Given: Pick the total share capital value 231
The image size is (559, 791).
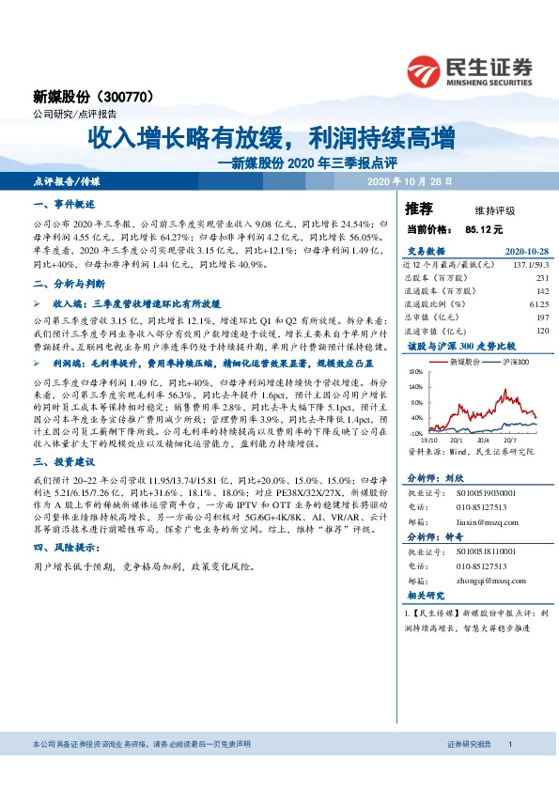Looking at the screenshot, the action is pyautogui.click(x=542, y=279).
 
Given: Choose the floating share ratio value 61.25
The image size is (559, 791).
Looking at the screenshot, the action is pyautogui.click(x=537, y=304).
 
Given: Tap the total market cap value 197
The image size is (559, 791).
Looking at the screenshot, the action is pyautogui.click(x=541, y=318).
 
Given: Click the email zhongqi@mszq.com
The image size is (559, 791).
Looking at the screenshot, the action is pyautogui.click(x=483, y=581).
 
